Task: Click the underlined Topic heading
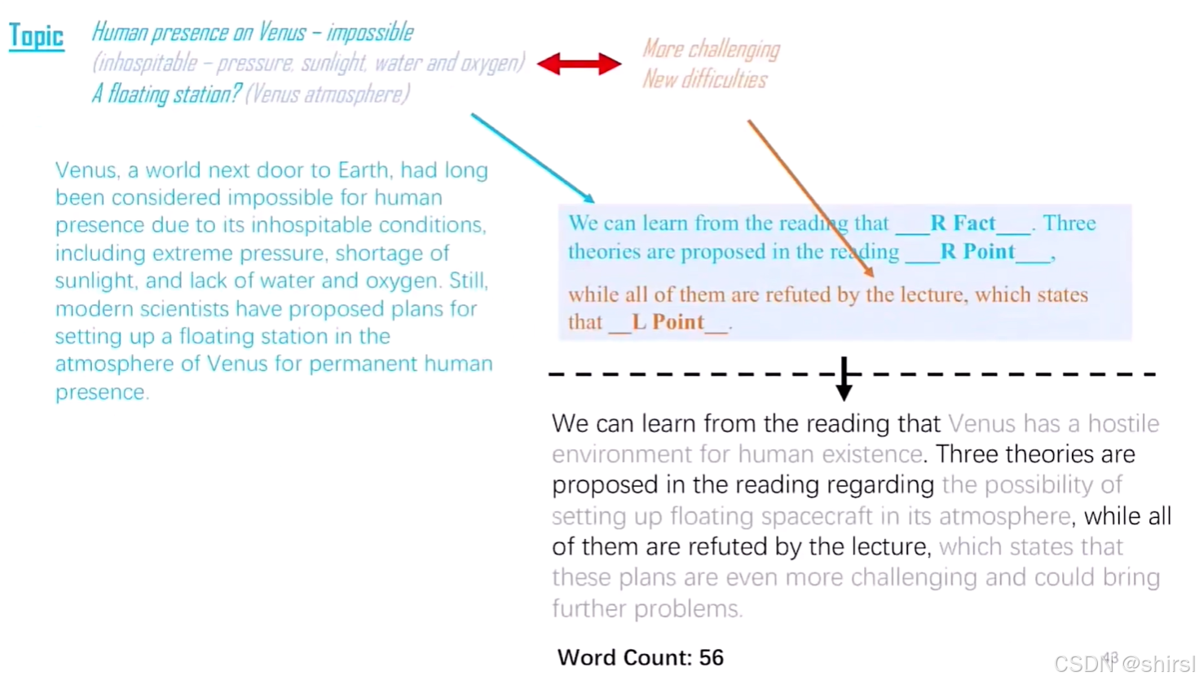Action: coord(36,36)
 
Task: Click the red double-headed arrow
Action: coord(579,64)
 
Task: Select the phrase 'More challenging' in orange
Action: coord(711,49)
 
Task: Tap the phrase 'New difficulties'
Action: coord(704,79)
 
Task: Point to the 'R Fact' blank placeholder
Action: coord(963,223)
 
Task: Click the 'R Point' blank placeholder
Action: coord(977,252)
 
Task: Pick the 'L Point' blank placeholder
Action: coord(668,322)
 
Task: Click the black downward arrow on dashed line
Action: coord(844,380)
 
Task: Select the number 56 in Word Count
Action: coord(711,657)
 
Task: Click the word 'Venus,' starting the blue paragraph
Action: coord(87,170)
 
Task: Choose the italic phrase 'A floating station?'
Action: coord(166,94)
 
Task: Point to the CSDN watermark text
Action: coord(1124,664)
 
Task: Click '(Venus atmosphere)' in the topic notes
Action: coord(328,94)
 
